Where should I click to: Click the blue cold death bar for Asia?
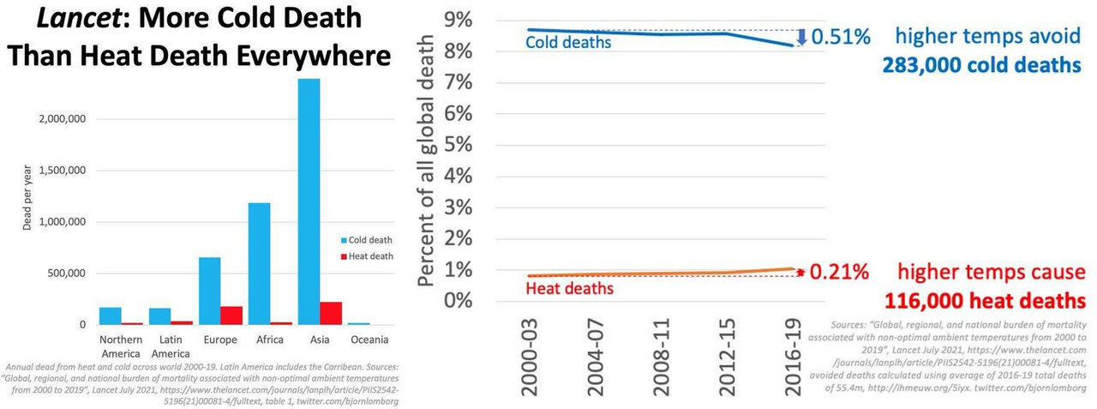(309, 201)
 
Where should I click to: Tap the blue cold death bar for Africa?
(260, 263)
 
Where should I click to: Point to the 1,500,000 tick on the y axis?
(62, 171)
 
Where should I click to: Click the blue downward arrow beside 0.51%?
(802, 37)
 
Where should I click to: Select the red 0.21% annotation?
(840, 273)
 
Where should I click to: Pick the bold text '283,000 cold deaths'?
(980, 65)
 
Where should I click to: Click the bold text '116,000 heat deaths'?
(980, 301)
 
